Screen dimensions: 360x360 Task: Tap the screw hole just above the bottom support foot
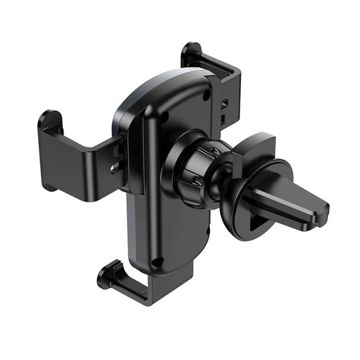point(159,261)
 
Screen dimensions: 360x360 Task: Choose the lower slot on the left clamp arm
point(116,167)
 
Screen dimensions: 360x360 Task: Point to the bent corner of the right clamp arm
point(236,70)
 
